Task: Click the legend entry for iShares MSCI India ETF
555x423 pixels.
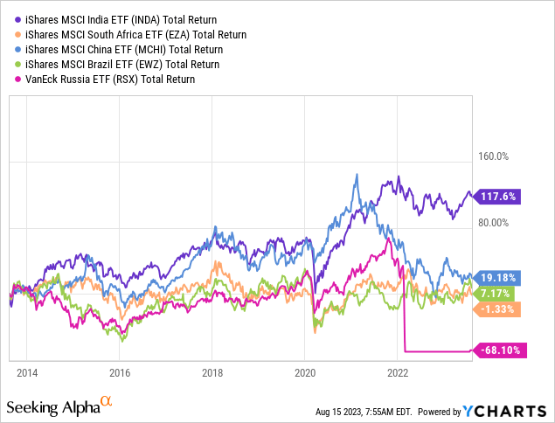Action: (117, 19)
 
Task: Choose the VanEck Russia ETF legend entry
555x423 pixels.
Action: (104, 79)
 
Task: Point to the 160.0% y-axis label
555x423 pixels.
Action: (491, 157)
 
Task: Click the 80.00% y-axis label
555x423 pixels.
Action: (491, 222)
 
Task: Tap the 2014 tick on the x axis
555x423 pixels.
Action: (26, 371)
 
